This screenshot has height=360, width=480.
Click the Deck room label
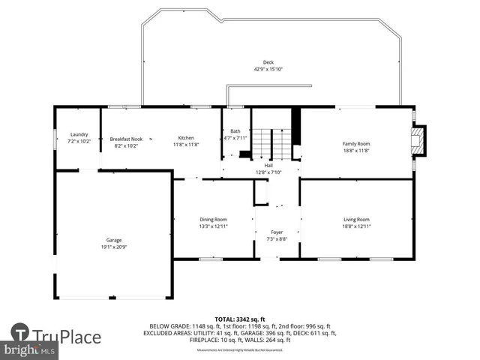click(x=268, y=62)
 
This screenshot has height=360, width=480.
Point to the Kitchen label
click(x=186, y=138)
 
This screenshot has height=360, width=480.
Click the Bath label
click(x=235, y=131)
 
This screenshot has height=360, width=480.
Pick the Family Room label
click(x=356, y=143)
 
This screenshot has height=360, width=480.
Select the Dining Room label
click(x=213, y=219)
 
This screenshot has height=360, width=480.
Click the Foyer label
click(x=277, y=232)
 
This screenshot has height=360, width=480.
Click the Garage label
click(x=112, y=240)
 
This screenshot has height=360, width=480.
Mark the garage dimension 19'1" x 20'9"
click(x=112, y=247)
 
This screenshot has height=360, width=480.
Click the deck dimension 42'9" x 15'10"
click(x=268, y=69)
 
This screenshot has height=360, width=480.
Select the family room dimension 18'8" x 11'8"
click(x=356, y=150)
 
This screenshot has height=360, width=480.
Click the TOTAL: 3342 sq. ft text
click(x=241, y=319)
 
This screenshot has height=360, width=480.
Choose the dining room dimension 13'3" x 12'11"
click(x=213, y=226)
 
